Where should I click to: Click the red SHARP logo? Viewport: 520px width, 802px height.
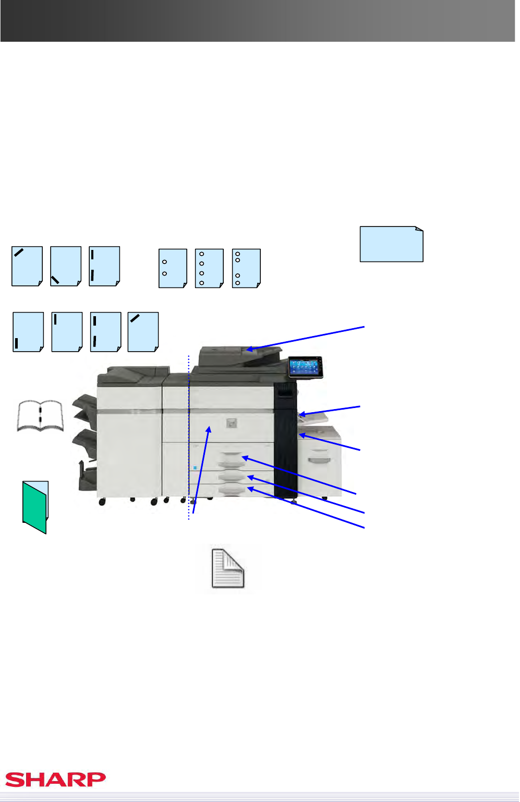click(x=55, y=780)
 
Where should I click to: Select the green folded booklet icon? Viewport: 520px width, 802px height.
click(x=35, y=507)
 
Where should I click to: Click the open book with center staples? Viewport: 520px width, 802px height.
click(x=41, y=416)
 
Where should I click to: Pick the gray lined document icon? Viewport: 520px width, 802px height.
click(x=228, y=568)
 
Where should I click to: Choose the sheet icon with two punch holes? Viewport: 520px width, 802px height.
click(x=173, y=268)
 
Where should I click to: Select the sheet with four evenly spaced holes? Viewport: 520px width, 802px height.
click(x=209, y=268)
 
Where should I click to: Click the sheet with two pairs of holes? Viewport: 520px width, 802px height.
click(x=246, y=268)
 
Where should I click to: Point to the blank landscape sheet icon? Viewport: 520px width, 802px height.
click(x=392, y=244)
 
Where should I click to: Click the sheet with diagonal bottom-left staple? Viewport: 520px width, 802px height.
click(x=66, y=266)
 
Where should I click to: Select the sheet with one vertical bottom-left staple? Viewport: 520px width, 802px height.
click(x=28, y=332)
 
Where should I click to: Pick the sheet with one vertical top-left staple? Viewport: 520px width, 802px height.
click(x=67, y=332)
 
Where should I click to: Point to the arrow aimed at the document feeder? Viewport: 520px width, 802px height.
click(x=306, y=338)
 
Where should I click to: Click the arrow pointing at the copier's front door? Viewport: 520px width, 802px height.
click(x=201, y=470)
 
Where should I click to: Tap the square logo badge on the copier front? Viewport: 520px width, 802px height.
click(x=232, y=423)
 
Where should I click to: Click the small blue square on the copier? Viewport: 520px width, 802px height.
click(x=195, y=468)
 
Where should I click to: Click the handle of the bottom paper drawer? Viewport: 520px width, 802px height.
click(x=232, y=490)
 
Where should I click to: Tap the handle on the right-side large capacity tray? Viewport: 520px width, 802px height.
click(x=319, y=460)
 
